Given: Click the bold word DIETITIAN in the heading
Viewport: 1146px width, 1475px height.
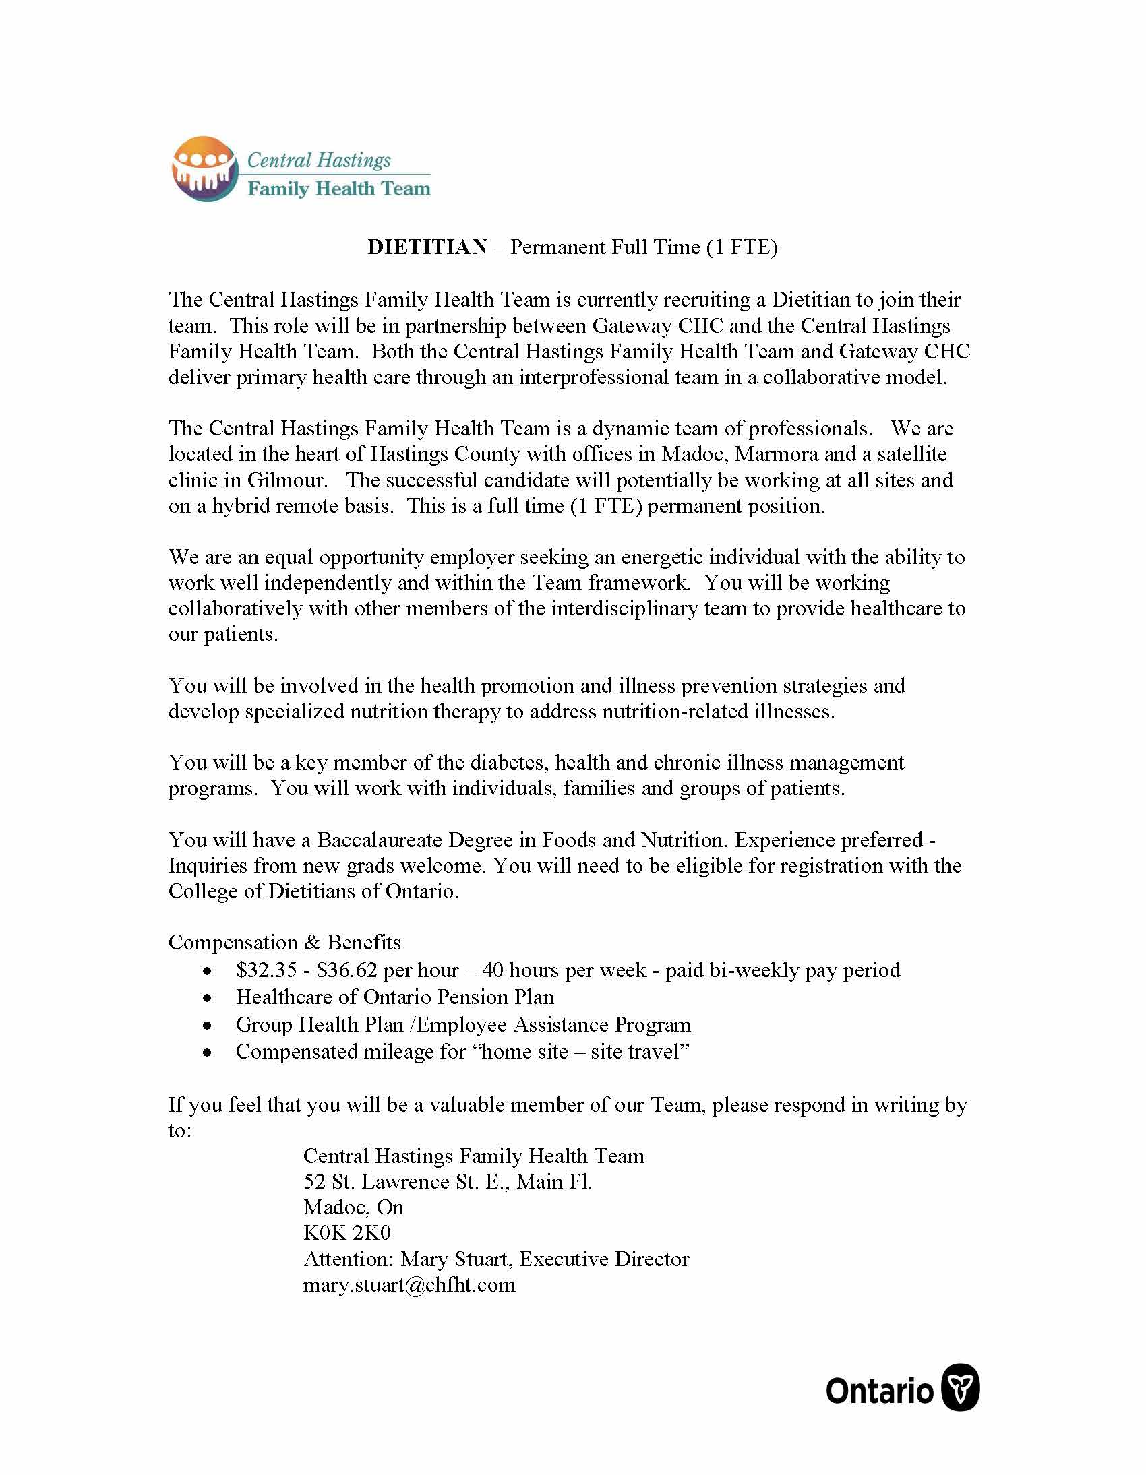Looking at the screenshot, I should [427, 247].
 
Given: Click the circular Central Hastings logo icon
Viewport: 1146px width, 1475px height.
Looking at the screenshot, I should [204, 169].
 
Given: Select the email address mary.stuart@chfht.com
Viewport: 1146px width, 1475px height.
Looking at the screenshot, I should [409, 1284].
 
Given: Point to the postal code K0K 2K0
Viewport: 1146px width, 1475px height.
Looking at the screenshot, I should [347, 1233].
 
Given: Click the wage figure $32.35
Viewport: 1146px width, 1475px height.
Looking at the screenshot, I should [266, 970].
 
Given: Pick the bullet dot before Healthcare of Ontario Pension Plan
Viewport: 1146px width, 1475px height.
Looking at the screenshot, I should [208, 998].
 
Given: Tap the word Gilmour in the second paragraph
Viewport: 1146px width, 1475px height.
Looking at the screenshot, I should [287, 480].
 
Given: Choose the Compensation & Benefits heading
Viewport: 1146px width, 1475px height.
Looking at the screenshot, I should [284, 943].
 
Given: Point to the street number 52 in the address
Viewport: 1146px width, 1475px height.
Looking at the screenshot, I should [314, 1182].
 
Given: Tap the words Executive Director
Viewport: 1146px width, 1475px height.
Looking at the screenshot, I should [604, 1259].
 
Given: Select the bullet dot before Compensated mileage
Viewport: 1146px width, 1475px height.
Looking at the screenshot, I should [208, 1053].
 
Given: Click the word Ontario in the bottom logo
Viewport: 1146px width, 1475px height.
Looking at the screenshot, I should [879, 1391].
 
